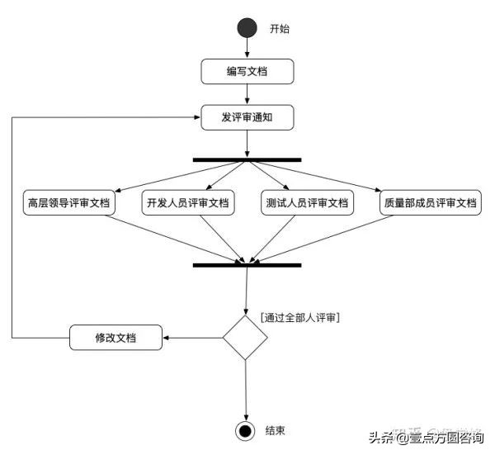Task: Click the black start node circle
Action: point(247,28)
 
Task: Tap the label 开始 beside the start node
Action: point(280,29)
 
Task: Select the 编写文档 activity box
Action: point(247,71)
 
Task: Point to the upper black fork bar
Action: point(247,159)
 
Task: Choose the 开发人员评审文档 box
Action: point(187,202)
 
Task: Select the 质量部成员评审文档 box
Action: point(430,202)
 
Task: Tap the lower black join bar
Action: point(247,265)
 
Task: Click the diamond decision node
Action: point(246,337)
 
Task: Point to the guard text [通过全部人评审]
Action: point(300,317)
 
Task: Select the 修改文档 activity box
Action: point(115,337)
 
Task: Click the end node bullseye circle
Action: point(245,431)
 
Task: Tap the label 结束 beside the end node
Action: point(276,431)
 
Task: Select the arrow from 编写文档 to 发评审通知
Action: point(247,94)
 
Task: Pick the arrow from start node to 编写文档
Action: point(247,49)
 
